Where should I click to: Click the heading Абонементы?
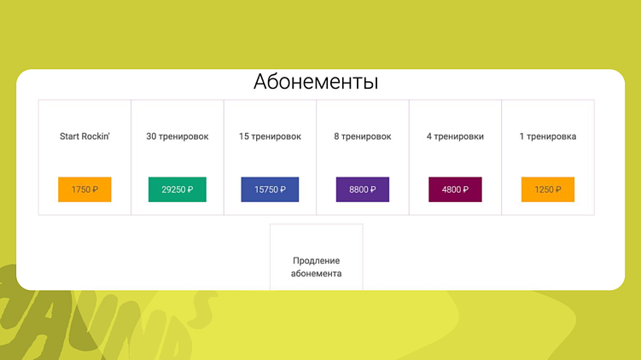tap(316, 83)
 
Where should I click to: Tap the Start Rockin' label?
tap(84, 136)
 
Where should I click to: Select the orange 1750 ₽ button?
tap(84, 189)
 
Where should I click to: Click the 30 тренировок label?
tap(178, 136)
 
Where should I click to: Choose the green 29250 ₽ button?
tap(178, 189)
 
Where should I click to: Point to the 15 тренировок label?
tap(270, 136)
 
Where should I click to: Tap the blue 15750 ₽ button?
tap(270, 189)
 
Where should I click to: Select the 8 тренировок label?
tap(363, 136)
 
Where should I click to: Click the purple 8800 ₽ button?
tap(363, 189)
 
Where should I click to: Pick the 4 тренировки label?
tap(455, 136)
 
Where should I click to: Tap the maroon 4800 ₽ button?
tap(455, 189)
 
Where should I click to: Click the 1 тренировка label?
tap(548, 136)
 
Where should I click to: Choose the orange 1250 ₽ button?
tap(548, 189)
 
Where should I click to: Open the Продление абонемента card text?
tap(317, 267)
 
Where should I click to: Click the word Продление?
tap(317, 260)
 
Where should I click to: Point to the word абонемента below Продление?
tap(317, 274)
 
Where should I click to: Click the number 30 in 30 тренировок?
tap(152, 136)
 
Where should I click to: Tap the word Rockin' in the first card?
tap(96, 136)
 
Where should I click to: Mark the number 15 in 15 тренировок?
tap(244, 136)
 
